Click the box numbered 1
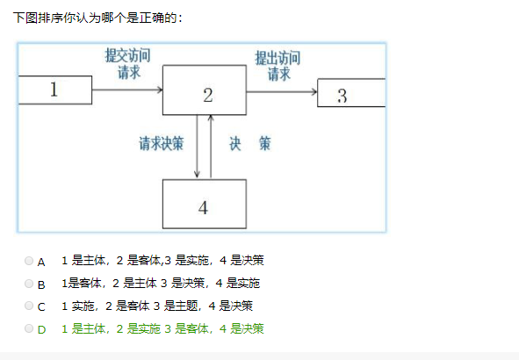(55, 90)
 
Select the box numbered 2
(205, 90)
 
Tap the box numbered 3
(351, 93)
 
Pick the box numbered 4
(205, 204)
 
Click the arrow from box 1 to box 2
(127, 90)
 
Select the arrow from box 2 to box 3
(282, 91)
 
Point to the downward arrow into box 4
(197, 147)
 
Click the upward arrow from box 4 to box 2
(211, 147)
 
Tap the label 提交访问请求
(127, 63)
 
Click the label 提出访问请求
(278, 66)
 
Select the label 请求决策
(162, 144)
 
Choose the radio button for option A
(29, 261)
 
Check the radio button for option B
(29, 284)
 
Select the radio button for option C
(29, 306)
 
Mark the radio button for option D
(29, 328)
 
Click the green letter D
(41, 329)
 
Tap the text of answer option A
(162, 261)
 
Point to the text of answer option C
(157, 306)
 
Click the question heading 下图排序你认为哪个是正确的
(97, 18)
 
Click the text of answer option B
(161, 284)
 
